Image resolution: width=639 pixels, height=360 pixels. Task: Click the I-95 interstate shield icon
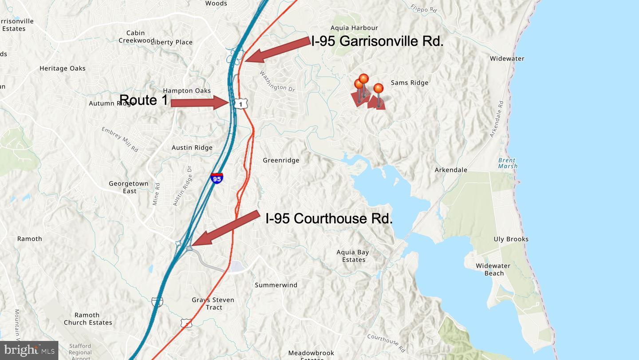pyautogui.click(x=217, y=178)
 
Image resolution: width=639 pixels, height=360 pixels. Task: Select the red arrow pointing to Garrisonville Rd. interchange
pyautogui.click(x=277, y=50)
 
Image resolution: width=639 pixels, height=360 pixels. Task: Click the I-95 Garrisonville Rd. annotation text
pyautogui.click(x=377, y=41)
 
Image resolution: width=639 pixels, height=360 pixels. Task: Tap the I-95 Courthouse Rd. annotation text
pyautogui.click(x=329, y=218)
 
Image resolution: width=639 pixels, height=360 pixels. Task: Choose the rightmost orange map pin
pyautogui.click(x=378, y=89)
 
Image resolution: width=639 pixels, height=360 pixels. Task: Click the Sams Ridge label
pyautogui.click(x=409, y=83)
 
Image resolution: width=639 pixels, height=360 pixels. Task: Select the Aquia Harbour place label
pyautogui.click(x=354, y=28)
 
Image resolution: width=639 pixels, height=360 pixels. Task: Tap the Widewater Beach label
pyautogui.click(x=493, y=269)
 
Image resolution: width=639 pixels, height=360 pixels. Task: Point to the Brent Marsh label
pyautogui.click(x=507, y=163)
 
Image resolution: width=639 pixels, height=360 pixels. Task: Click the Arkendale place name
pyautogui.click(x=451, y=170)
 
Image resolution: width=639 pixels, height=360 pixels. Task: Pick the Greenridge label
pyautogui.click(x=281, y=160)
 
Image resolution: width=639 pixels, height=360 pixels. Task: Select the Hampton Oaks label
pyautogui.click(x=187, y=91)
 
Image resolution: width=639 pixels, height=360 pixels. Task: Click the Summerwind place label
pyautogui.click(x=276, y=285)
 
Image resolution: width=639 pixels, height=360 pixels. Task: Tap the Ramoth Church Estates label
pyautogui.click(x=87, y=319)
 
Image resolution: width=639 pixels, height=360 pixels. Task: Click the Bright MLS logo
pyautogui.click(x=29, y=350)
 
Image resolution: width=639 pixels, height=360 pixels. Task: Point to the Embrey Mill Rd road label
pyautogui.click(x=120, y=140)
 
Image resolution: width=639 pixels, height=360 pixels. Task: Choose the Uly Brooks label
pyautogui.click(x=511, y=239)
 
